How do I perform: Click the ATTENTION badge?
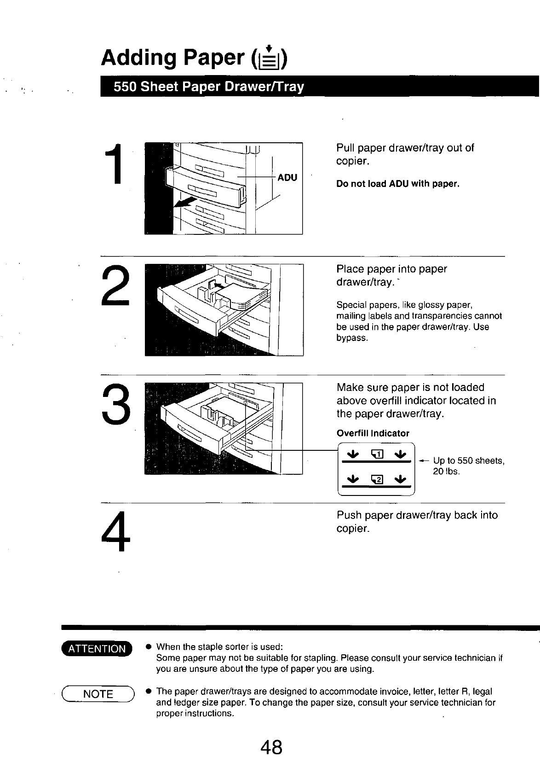[97, 648]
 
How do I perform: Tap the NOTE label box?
[98, 694]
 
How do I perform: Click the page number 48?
[271, 747]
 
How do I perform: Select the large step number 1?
[115, 164]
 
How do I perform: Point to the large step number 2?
[115, 285]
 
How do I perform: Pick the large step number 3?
[116, 403]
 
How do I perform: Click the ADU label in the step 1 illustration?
[287, 177]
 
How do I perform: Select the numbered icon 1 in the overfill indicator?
[377, 454]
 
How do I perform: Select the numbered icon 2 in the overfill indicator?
[377, 479]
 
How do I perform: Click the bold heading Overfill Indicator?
[373, 433]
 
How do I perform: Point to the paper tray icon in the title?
[269, 58]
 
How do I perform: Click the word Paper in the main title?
[214, 58]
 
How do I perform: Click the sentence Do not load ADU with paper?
[398, 184]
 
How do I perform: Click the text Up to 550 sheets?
[469, 460]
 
